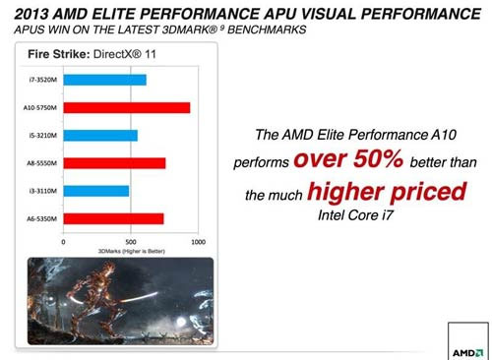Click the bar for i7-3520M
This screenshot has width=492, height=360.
[104, 80]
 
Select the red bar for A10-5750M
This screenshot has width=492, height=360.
[126, 107]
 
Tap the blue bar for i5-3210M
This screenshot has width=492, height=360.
[100, 135]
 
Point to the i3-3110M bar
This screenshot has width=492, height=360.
[95, 190]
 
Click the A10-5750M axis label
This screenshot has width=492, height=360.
[41, 107]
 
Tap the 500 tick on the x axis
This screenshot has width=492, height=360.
[131, 241]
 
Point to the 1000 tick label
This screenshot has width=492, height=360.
[198, 241]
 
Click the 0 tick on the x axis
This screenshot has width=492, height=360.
[64, 241]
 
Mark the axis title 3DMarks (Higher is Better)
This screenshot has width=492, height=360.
[130, 250]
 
